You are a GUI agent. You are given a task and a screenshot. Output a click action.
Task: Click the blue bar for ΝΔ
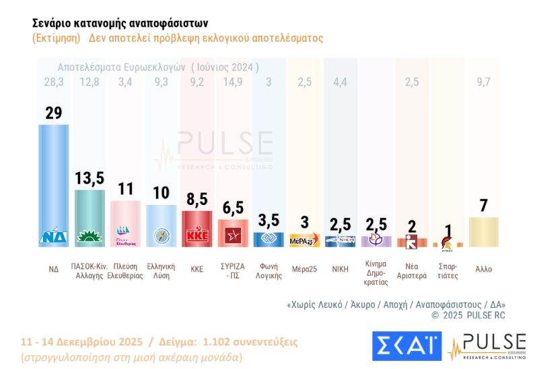(x=53, y=181)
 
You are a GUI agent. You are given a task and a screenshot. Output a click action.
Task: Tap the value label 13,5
(x=90, y=178)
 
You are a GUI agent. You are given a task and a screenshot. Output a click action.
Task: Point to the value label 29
(x=53, y=112)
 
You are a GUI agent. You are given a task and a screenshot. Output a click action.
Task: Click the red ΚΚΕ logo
(x=197, y=237)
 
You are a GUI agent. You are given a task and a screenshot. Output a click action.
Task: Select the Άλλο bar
(x=483, y=232)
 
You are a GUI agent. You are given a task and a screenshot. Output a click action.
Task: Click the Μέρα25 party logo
(x=306, y=240)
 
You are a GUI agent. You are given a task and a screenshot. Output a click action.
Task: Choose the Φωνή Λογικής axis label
(x=269, y=271)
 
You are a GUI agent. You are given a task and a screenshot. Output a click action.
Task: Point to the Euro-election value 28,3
(x=53, y=82)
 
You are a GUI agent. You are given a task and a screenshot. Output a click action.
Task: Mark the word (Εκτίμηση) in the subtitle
(x=56, y=38)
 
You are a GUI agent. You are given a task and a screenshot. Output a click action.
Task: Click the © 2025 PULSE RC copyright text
(x=468, y=315)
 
